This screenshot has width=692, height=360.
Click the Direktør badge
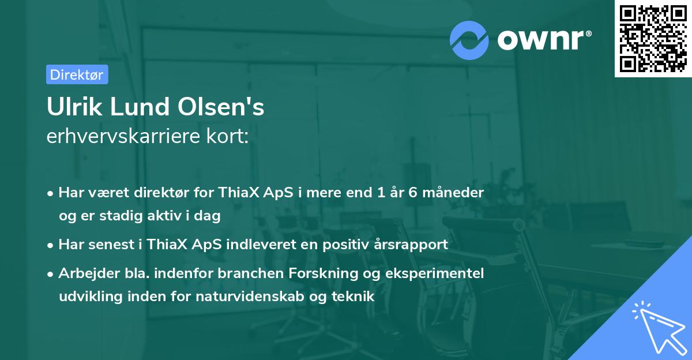tap(77, 74)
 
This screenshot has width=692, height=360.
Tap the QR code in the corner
tap(653, 39)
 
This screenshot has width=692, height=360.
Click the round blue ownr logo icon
tap(469, 40)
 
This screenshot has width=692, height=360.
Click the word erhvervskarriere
tap(122, 136)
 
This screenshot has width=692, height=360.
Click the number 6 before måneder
tap(412, 192)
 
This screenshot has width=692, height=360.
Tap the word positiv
tap(347, 244)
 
